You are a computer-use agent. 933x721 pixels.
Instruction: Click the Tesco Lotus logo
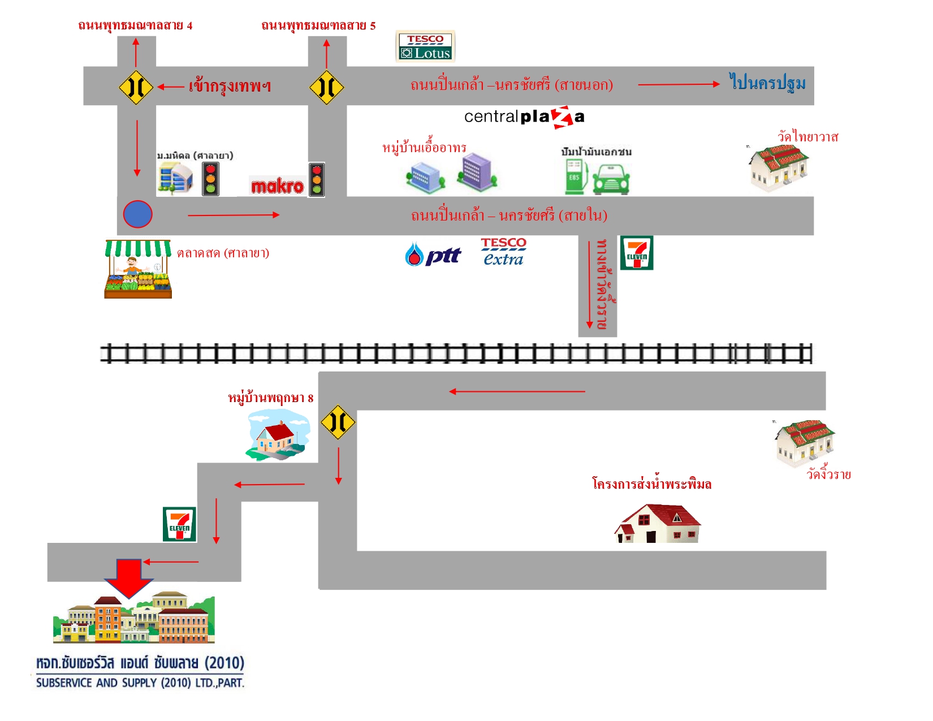pos(425,46)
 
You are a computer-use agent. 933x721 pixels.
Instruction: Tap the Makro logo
pos(278,185)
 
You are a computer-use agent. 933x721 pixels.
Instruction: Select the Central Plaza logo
pos(524,117)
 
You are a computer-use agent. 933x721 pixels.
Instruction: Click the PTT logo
pos(433,255)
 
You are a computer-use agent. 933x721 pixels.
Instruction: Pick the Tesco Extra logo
pos(503,252)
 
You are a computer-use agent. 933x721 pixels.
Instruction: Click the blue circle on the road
pos(138,214)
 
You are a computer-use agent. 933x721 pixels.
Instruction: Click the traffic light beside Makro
pos(317,180)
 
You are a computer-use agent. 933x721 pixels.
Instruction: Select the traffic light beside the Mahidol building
pos(211,179)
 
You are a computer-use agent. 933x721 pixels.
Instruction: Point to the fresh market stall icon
pos(138,269)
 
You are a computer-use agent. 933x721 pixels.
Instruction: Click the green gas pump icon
pos(575,177)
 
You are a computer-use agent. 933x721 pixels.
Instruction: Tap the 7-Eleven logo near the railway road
pos(637,253)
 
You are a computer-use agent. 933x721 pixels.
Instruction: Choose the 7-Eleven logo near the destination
pos(179,524)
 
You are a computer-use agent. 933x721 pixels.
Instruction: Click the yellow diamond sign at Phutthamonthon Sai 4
pos(136,87)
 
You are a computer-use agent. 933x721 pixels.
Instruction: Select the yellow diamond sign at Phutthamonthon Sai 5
pos(326,87)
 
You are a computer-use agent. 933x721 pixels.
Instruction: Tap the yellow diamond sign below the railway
pos(338,422)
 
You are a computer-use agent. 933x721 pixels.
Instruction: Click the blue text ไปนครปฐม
pos(767,83)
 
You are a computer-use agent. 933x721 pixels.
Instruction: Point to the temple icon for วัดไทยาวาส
pos(779,167)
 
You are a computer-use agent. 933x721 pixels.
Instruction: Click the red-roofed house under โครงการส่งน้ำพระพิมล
pos(658,524)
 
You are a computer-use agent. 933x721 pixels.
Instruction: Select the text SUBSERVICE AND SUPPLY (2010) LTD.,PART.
pos(140,683)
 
